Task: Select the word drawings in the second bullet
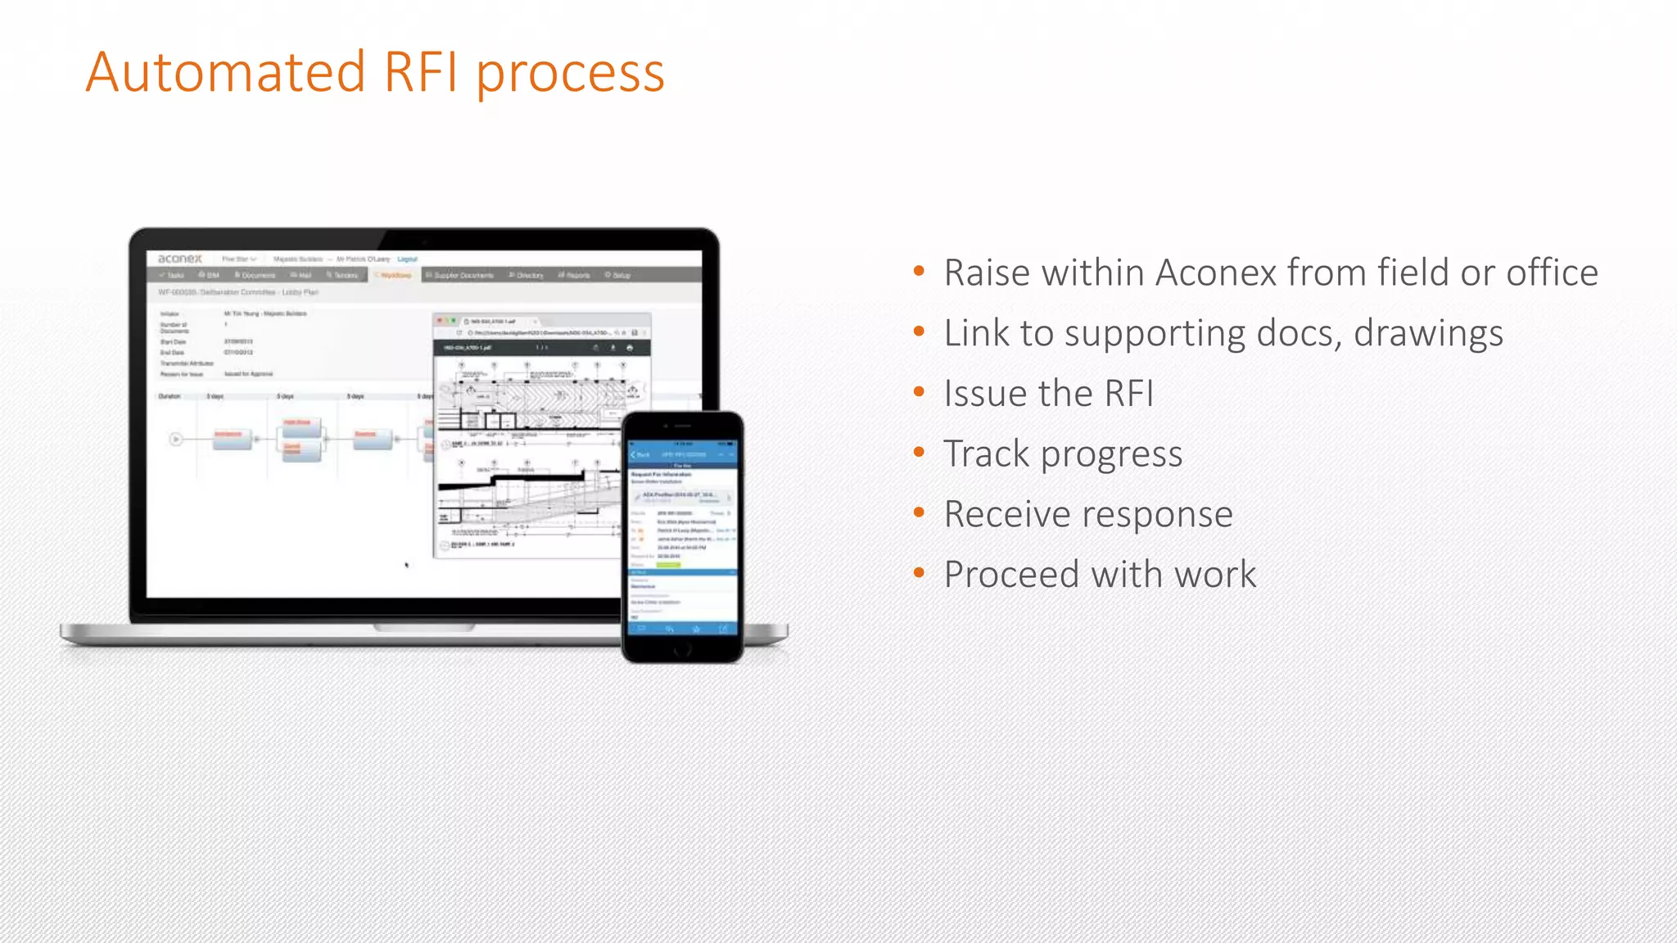pos(1428,334)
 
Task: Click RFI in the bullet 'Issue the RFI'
pos(1129,394)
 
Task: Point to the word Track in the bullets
pos(986,453)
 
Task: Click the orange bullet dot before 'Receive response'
pos(919,512)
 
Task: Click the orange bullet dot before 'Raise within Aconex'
pos(919,271)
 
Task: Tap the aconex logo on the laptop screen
pos(179,259)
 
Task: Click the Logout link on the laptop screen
pos(407,259)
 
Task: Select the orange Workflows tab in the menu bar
pos(394,275)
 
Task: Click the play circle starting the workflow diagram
pos(175,440)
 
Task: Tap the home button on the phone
pos(682,650)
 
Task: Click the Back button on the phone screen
pos(640,454)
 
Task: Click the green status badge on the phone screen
pos(668,564)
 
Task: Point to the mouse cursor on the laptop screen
pos(406,564)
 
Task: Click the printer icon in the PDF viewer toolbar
pos(629,348)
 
